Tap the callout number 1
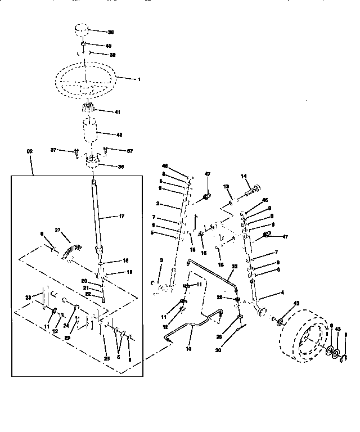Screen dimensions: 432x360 [139, 79]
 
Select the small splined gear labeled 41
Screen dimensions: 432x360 [88, 109]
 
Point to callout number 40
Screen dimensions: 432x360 [109, 44]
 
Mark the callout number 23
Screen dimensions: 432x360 [28, 298]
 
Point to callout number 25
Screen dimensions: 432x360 [107, 358]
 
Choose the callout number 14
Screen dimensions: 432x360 [244, 177]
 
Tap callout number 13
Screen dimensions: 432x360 [226, 186]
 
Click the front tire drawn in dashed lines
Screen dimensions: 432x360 [301, 340]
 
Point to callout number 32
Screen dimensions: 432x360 [235, 265]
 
